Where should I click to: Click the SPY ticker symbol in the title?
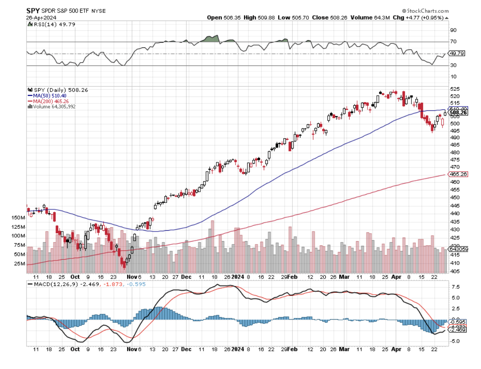pyautogui.click(x=33, y=10)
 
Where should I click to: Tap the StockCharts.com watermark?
pyautogui.click(x=426, y=10)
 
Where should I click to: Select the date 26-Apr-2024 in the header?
pyautogui.click(x=41, y=17)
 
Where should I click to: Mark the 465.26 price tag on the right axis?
pyautogui.click(x=458, y=174)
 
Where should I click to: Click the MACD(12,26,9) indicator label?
pyautogui.click(x=53, y=284)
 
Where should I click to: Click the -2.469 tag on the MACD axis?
pyautogui.click(x=458, y=330)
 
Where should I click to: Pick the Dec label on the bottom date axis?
pyautogui.click(x=186, y=277)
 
